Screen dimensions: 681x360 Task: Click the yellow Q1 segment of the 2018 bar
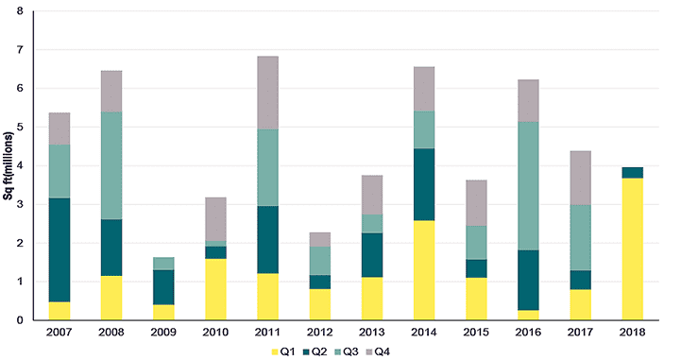(x=633, y=249)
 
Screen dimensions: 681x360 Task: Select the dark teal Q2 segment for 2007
(x=60, y=250)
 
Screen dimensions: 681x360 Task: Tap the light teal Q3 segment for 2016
(x=528, y=186)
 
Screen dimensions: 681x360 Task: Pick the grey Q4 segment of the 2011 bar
(x=267, y=93)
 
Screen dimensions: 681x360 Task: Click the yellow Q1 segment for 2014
(x=424, y=270)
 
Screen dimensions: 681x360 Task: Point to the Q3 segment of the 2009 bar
(x=163, y=264)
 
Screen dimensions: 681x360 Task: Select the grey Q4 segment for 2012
(x=320, y=239)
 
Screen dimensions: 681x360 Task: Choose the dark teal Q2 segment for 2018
(x=633, y=173)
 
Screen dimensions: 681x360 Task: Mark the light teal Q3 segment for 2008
(x=111, y=165)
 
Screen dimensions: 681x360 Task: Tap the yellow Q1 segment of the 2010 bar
(x=215, y=290)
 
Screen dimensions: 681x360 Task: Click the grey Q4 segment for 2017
(x=580, y=178)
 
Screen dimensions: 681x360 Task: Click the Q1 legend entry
(x=282, y=351)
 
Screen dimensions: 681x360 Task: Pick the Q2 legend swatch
(x=306, y=351)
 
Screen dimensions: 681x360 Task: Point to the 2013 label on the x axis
(x=372, y=333)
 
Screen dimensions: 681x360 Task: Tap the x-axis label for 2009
(x=163, y=333)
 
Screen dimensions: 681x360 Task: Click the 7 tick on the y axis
(x=20, y=50)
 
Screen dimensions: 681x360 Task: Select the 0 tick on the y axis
(x=20, y=320)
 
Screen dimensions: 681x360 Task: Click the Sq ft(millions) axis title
(x=9, y=165)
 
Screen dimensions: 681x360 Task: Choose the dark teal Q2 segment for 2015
(x=476, y=268)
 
